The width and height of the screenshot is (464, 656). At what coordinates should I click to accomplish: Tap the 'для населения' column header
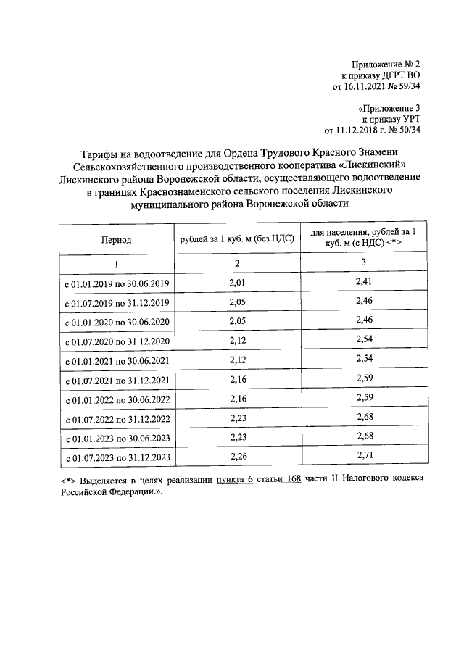[358, 236]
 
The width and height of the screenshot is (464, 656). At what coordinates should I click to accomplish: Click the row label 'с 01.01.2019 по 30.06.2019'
[117, 282]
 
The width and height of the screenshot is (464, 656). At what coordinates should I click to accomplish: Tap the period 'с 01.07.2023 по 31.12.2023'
[117, 457]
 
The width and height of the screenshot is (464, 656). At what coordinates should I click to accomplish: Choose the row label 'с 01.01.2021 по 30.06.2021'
[117, 360]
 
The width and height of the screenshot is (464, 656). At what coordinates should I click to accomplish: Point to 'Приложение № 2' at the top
[384, 63]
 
